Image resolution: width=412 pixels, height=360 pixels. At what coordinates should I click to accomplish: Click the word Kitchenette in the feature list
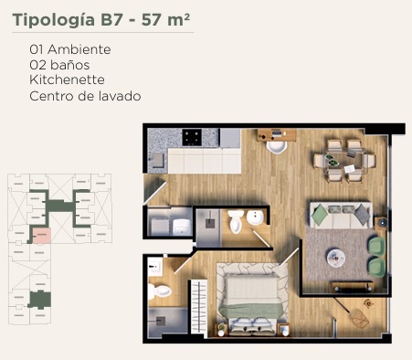pos(67,79)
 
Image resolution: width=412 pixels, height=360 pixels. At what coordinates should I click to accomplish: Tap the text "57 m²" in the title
pos(165,20)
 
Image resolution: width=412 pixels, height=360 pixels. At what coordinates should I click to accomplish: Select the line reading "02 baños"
pos(59,65)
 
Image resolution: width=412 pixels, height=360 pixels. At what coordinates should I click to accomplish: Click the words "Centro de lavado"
pos(85,96)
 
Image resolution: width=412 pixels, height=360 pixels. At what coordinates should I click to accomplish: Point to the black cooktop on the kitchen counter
pos(192,137)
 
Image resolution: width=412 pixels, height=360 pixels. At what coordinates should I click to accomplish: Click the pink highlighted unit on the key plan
pos(42,236)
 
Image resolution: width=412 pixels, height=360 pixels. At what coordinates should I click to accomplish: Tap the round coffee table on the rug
pos(336,259)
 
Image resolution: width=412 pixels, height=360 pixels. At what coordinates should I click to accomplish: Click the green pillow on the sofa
pos(320,215)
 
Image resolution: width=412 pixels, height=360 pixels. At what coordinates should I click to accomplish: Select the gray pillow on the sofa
pos(362,215)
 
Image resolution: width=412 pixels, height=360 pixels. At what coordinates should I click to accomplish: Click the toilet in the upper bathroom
pos(236,221)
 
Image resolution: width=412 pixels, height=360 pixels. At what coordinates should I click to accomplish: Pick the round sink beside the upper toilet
pos(255,217)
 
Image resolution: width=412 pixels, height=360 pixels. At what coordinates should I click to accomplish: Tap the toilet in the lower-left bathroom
pos(160,291)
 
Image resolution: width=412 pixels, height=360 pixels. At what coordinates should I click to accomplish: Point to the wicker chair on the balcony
pos(359,319)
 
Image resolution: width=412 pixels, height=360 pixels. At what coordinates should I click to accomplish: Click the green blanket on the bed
pos(251,310)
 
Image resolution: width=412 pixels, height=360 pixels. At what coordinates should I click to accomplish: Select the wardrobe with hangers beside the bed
pos(199,308)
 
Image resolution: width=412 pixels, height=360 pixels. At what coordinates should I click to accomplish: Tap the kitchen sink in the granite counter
pos(158,161)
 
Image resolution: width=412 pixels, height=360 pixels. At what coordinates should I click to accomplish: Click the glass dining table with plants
pos(344,161)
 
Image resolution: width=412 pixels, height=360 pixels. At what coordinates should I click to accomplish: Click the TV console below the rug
pos(353,286)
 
